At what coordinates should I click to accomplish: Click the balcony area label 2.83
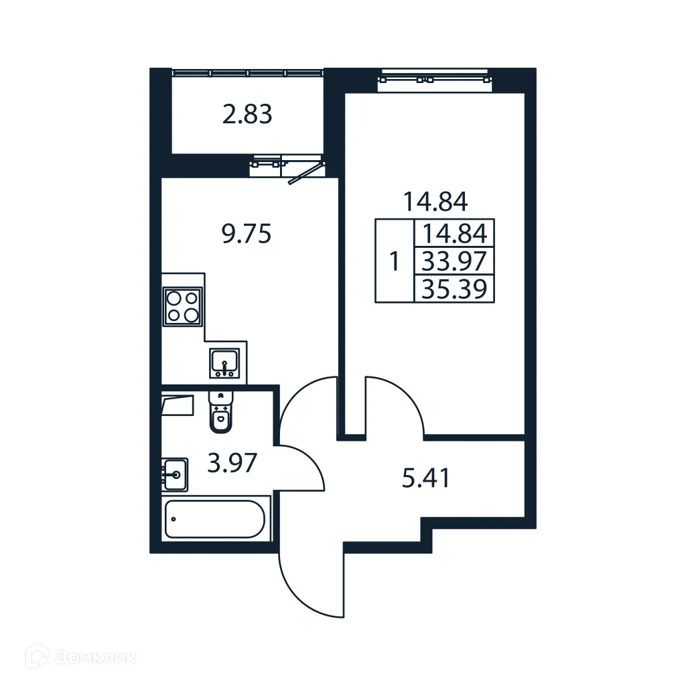(247, 115)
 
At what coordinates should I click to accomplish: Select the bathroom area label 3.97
(232, 464)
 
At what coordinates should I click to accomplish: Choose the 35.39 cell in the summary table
(454, 289)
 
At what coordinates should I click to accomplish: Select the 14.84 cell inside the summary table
(454, 234)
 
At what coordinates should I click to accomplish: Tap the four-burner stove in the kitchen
(183, 306)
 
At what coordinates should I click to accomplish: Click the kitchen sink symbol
(224, 363)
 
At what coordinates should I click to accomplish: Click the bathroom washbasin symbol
(174, 475)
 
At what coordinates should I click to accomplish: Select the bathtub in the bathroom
(215, 519)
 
